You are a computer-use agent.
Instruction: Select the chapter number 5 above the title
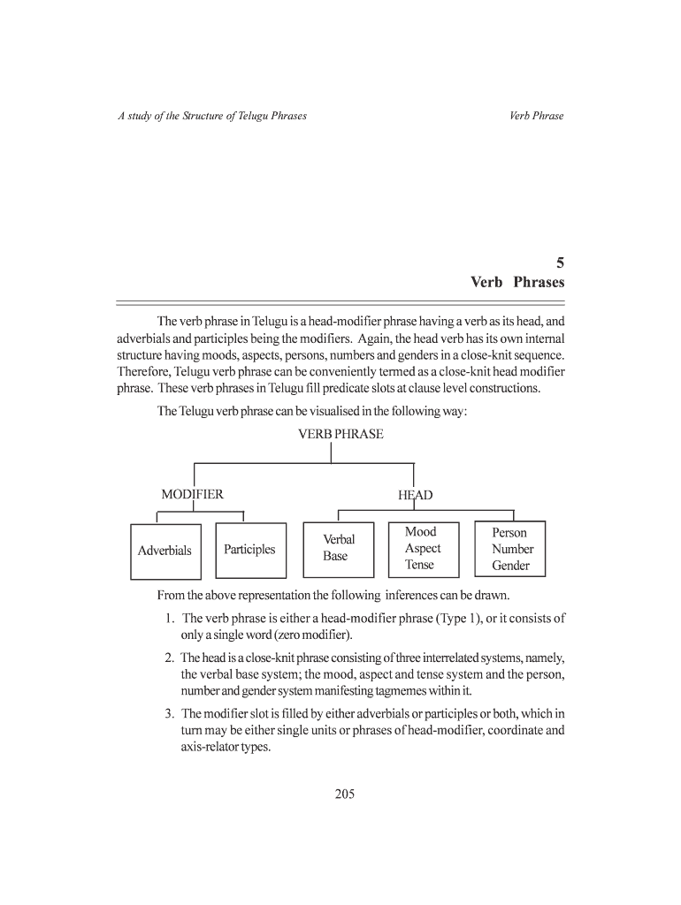[559, 262]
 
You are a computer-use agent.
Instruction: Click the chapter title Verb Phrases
[516, 283]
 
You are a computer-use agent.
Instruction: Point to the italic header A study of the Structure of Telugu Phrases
[212, 116]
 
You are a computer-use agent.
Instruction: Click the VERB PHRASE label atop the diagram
[340, 434]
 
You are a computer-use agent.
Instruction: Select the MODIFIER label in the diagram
[192, 494]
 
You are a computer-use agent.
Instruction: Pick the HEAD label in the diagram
[415, 495]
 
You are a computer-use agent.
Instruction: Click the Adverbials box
[165, 551]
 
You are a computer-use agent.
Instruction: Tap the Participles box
[249, 550]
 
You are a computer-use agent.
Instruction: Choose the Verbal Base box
[339, 548]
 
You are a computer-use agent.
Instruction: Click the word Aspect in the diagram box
[422, 548]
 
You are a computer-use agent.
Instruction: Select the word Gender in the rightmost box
[511, 566]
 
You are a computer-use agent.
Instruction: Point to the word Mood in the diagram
[420, 532]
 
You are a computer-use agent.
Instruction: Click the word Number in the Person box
[512, 549]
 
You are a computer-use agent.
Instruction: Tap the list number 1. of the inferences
[170, 619]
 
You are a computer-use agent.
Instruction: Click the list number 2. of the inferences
[170, 658]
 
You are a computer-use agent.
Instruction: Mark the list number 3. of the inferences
[170, 714]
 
